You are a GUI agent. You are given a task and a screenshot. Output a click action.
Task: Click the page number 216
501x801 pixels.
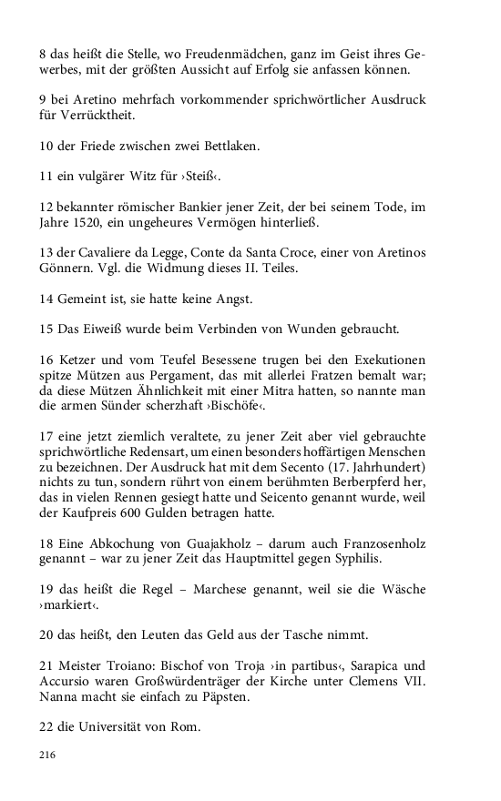point(48,755)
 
